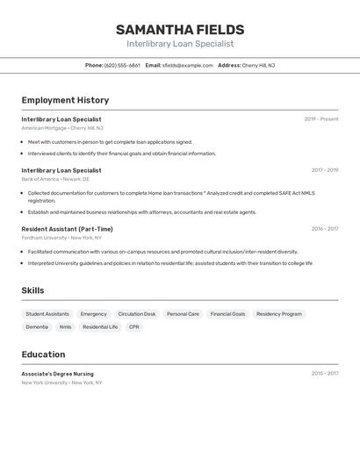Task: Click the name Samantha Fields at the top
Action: [180, 29]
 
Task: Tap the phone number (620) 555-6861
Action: [122, 65]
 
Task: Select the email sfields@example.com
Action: [187, 65]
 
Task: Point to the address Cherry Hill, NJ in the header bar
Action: [258, 65]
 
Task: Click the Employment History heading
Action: [65, 100]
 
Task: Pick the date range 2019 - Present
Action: [320, 119]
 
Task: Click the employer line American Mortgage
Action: [62, 128]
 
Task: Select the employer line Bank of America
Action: [55, 179]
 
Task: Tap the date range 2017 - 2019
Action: [324, 170]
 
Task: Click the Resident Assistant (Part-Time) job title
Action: [67, 229]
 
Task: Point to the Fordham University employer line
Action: [61, 238]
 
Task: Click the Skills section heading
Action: [32, 290]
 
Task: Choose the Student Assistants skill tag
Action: [47, 313]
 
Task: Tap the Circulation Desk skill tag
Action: [137, 313]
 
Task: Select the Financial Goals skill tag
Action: [227, 313]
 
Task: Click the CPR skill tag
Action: [133, 326]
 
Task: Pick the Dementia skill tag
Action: [37, 326]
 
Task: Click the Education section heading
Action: [43, 354]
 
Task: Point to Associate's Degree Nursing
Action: [57, 374]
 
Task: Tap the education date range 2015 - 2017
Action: [324, 374]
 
